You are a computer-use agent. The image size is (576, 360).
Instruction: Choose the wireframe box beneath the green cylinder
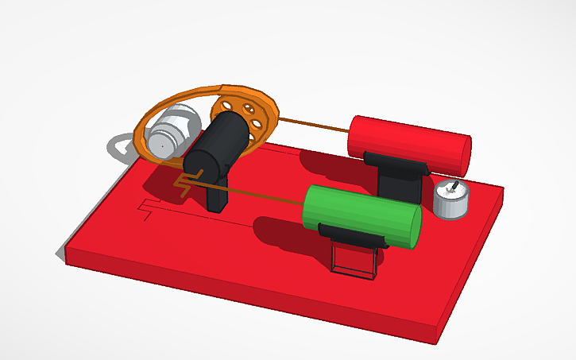coord(354,261)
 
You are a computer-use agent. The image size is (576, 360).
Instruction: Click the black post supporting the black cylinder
coord(218,195)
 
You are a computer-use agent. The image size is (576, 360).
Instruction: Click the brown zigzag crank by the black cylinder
coord(182,186)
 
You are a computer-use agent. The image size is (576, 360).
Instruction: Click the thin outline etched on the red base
coord(147,209)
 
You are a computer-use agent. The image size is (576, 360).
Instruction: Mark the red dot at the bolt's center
coord(161,145)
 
